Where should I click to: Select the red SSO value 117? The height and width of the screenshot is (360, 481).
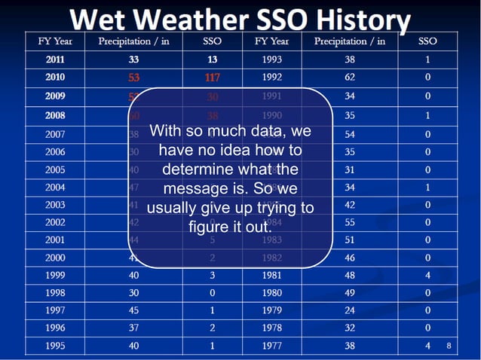pyautogui.click(x=213, y=77)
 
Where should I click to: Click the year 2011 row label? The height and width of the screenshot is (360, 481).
pyautogui.click(x=55, y=58)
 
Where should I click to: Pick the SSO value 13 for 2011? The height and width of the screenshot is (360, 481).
pyautogui.click(x=213, y=58)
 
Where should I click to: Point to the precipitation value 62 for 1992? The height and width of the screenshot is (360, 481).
pyautogui.click(x=349, y=77)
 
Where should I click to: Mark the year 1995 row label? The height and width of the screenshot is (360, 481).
pyautogui.click(x=55, y=346)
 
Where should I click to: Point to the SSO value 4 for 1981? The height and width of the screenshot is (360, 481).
pyautogui.click(x=427, y=275)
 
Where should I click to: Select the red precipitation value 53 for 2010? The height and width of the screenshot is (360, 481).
pyautogui.click(x=134, y=77)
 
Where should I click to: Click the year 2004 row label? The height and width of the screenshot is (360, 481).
pyautogui.click(x=55, y=186)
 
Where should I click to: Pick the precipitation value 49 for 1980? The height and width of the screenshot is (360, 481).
pyautogui.click(x=349, y=293)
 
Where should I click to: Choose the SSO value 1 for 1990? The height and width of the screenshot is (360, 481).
pyautogui.click(x=427, y=116)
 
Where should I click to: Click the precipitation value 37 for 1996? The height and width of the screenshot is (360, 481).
pyautogui.click(x=134, y=328)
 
